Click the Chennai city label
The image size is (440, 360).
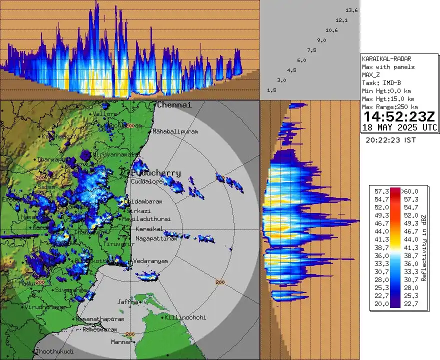coord(174,105)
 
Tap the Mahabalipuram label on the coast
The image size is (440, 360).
coord(175,131)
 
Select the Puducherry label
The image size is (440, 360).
coord(156,172)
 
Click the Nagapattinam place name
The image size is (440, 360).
coord(156,238)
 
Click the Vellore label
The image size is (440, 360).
coord(105,114)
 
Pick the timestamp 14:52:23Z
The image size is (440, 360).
coord(399,117)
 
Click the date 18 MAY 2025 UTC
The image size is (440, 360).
coord(399,128)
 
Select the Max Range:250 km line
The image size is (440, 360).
coord(389,107)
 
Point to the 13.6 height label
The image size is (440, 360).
coord(351,10)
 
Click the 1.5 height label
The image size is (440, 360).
coord(272,90)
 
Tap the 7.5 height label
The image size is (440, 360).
coord(311,50)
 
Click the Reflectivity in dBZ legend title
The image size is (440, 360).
coord(423,248)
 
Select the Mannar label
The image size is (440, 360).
coord(120,342)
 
